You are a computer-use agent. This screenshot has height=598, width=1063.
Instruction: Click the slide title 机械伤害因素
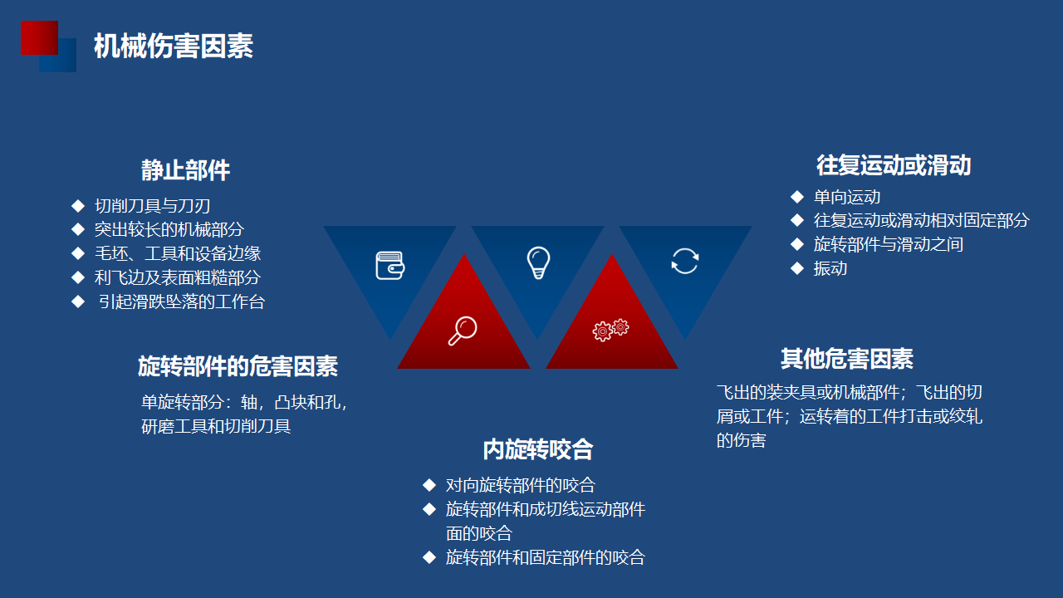pos(174,46)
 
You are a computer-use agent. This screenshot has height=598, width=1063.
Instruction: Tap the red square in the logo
pos(39,37)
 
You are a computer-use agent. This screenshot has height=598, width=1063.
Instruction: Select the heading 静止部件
pos(185,170)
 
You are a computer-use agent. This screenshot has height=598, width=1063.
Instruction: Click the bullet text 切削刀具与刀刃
pos(152,206)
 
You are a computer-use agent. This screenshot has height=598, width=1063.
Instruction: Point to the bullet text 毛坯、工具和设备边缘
pos(178,253)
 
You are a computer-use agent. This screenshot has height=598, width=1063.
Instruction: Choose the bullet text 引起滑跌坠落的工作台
pos(181,301)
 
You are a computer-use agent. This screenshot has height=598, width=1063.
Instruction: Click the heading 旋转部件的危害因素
pos(238,366)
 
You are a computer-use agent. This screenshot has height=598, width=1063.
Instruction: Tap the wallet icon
pos(390,265)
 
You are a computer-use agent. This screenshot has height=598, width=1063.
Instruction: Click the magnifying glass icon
pos(463,331)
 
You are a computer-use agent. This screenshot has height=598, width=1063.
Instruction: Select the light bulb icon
pos(539,262)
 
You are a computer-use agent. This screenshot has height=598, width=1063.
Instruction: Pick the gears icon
pos(610,330)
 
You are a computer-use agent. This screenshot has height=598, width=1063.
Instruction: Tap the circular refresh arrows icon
pos(685,261)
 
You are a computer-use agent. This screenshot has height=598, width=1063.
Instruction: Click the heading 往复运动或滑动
pos(894,165)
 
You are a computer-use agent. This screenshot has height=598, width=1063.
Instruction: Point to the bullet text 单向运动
pos(847,197)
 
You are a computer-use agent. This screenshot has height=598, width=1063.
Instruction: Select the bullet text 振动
pos(830,268)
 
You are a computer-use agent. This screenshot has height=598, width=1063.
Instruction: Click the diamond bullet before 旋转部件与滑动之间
pos(797,244)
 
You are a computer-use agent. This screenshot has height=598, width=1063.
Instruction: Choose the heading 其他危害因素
pos(847,358)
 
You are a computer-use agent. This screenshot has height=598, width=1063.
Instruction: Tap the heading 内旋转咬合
pos(538,449)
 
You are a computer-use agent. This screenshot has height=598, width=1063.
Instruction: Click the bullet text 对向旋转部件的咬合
pos(521,485)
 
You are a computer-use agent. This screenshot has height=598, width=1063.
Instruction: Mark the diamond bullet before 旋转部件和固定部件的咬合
pos(429,557)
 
